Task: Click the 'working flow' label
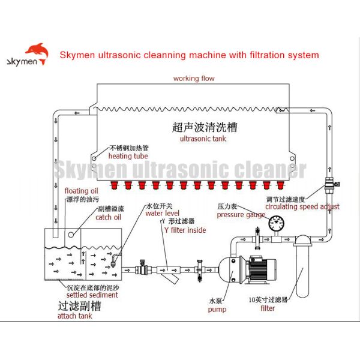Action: (x=194, y=79)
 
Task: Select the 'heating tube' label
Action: (x=128, y=156)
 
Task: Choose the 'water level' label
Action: (x=162, y=213)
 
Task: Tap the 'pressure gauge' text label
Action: (x=241, y=214)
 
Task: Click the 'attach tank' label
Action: (x=74, y=316)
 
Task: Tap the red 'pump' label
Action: (x=217, y=310)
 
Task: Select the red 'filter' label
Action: (x=268, y=308)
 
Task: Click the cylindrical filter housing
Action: (x=302, y=267)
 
